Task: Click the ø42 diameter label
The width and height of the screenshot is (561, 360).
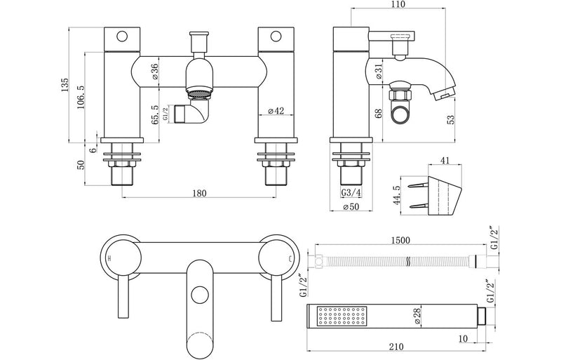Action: click(276, 111)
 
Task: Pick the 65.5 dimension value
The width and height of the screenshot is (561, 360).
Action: click(155, 114)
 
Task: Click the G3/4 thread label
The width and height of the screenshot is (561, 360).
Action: click(351, 193)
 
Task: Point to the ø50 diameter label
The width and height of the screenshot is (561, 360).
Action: click(351, 206)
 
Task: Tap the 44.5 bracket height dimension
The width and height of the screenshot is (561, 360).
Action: click(396, 192)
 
